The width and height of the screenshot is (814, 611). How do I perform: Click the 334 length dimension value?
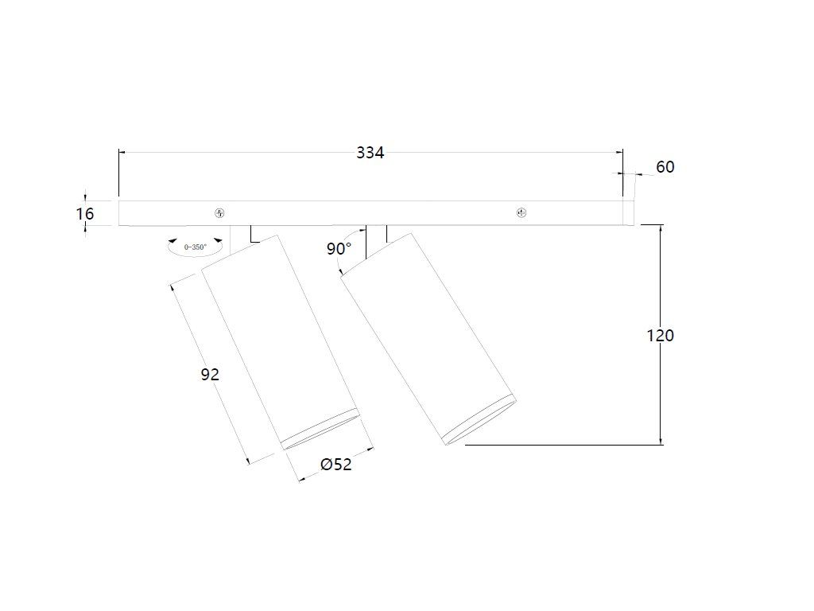(370, 153)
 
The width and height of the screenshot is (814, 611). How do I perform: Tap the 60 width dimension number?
(665, 167)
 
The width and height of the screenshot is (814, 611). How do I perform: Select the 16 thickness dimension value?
(85, 213)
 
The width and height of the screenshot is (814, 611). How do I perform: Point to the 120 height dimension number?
(661, 336)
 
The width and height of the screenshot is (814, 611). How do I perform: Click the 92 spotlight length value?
(210, 374)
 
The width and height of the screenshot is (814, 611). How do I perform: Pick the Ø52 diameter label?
(336, 464)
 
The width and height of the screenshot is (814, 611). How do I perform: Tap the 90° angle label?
(339, 249)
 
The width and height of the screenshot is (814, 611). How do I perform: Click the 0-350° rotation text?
(196, 247)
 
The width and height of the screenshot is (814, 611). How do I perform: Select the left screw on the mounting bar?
(219, 213)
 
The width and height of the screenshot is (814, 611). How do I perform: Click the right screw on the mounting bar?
(521, 213)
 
